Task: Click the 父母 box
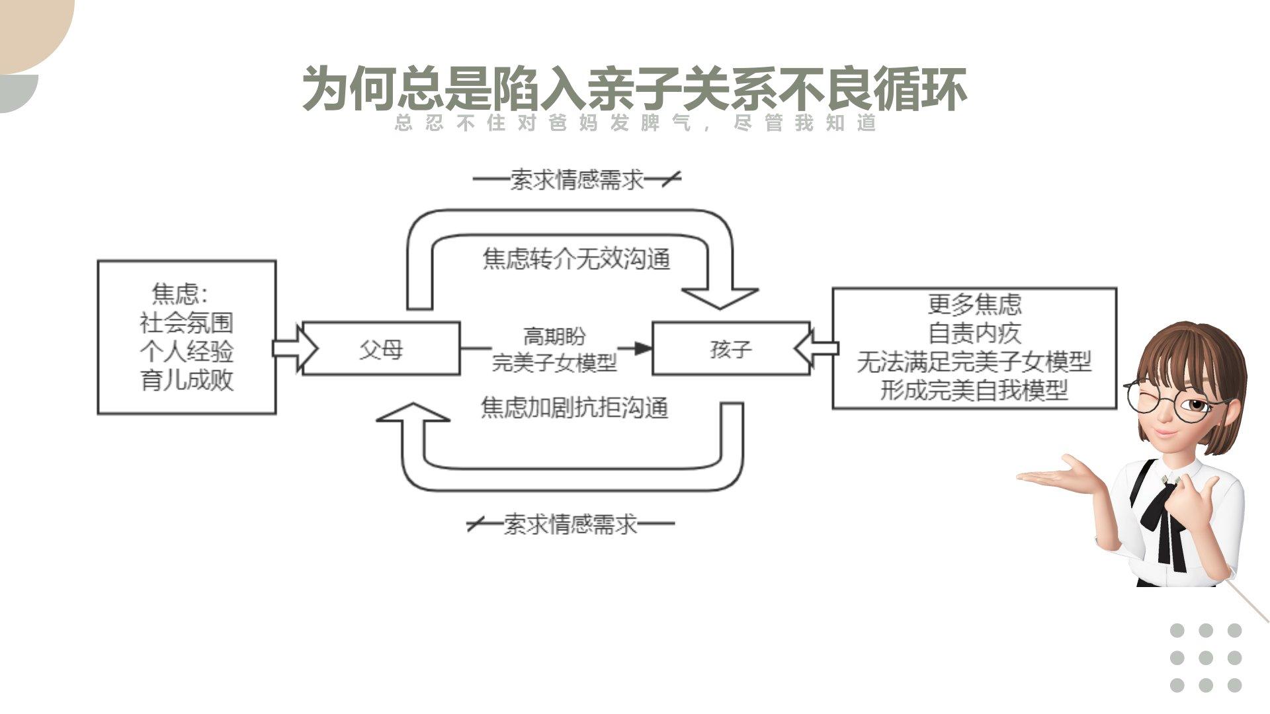pyautogui.click(x=381, y=348)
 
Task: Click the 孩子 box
pyautogui.click(x=731, y=348)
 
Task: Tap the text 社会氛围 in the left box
pyautogui.click(x=187, y=323)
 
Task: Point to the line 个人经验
pyautogui.click(x=187, y=352)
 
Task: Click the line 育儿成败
pyautogui.click(x=187, y=381)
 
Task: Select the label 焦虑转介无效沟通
pyautogui.click(x=576, y=258)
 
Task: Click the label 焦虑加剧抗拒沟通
pyautogui.click(x=574, y=408)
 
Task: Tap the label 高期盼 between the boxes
pyautogui.click(x=554, y=337)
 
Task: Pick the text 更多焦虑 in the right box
pyautogui.click(x=974, y=304)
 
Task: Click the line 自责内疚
pyautogui.click(x=974, y=333)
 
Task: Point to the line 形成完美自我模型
pyautogui.click(x=974, y=391)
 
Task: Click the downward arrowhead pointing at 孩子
pyautogui.click(x=720, y=297)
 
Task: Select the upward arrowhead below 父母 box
pyautogui.click(x=413, y=413)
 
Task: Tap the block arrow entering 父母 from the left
pyautogui.click(x=294, y=348)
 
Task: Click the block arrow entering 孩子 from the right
pyautogui.click(x=816, y=348)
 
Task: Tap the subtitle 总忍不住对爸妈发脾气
pyautogui.click(x=542, y=123)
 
